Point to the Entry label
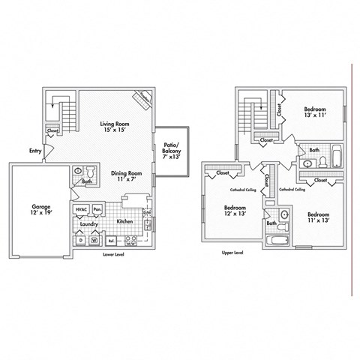pyautogui.click(x=35, y=151)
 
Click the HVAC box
pyautogui.click(x=81, y=209)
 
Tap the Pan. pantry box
pyautogui.click(x=97, y=209)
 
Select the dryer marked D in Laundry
pyautogui.click(x=80, y=241)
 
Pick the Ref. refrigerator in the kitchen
pyautogui.click(x=112, y=241)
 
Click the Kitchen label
pyautogui.click(x=124, y=222)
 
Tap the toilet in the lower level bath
pyautogui.click(x=91, y=170)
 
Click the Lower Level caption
pyautogui.click(x=115, y=255)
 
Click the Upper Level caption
pyautogui.click(x=232, y=253)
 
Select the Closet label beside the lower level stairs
pyautogui.click(x=52, y=130)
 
